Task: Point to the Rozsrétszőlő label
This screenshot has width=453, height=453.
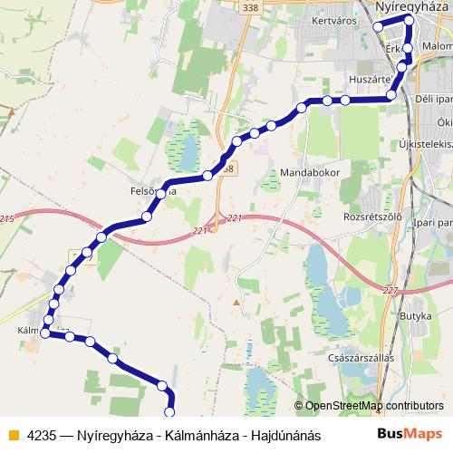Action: coord(368,217)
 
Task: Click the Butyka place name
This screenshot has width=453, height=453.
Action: coord(415,315)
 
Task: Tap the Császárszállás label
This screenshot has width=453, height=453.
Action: coord(362,358)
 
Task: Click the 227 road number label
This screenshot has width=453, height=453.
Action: coord(390,290)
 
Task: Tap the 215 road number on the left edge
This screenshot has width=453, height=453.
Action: coord(6,219)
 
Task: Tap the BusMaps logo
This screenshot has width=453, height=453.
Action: coord(410,434)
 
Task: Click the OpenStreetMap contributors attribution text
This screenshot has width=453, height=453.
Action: coord(374,406)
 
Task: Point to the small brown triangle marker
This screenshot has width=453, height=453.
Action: coord(237,303)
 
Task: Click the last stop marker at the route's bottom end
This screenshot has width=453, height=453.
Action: coord(169,412)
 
